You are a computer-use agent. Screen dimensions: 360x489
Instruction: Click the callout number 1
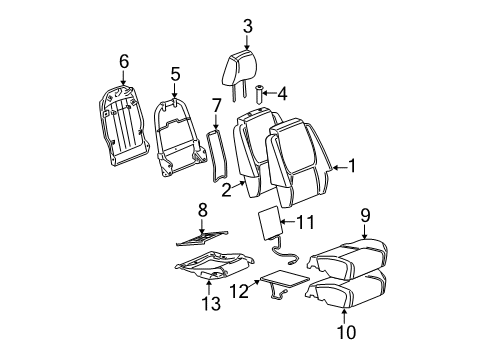coord(351,167)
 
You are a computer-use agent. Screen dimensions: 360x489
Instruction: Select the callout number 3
coord(246,25)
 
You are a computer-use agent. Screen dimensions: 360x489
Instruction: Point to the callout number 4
coord(281,94)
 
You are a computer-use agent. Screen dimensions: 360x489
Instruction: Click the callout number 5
coord(174,73)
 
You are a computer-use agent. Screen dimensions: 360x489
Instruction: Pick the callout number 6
coord(124,62)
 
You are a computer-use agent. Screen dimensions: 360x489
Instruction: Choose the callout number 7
coord(215,104)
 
